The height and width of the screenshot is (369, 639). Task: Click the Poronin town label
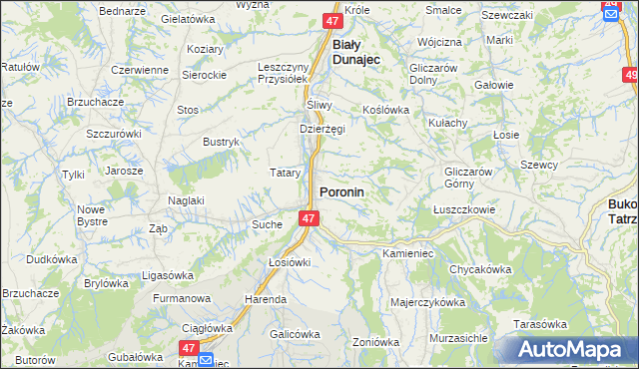coord(341,190)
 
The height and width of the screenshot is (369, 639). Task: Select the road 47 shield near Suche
coord(309,218)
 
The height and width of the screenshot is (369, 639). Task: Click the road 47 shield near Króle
coord(333,20)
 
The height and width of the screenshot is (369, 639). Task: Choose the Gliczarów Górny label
coord(469,177)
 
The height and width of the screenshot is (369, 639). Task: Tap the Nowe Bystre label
coord(91,215)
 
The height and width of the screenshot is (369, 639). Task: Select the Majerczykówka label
coord(428,301)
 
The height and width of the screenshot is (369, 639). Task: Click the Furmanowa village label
coord(182,298)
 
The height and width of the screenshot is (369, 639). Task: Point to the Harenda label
coord(266,299)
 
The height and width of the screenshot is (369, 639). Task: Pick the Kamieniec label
coord(407,254)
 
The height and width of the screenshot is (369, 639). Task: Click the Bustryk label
coord(222,143)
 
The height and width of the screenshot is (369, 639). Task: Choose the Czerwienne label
coord(139,70)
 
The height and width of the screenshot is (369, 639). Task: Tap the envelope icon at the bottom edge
coord(206,360)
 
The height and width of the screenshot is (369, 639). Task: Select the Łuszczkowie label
coord(464,210)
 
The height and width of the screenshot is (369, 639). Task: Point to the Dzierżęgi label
coord(321,129)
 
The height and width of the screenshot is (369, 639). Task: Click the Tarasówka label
coord(540,324)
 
